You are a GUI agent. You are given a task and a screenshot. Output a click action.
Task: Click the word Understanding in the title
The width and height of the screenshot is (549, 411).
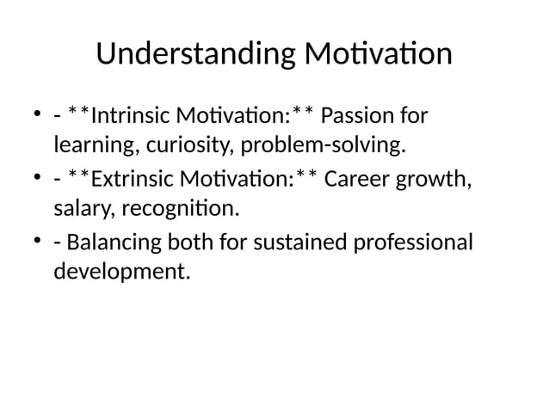[x=196, y=54]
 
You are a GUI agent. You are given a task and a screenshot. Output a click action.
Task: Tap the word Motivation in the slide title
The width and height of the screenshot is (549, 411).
[x=378, y=54]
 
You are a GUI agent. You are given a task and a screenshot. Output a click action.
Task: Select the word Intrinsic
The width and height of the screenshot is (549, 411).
[x=131, y=116]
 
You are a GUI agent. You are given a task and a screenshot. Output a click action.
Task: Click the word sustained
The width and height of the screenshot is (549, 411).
[x=298, y=243]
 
